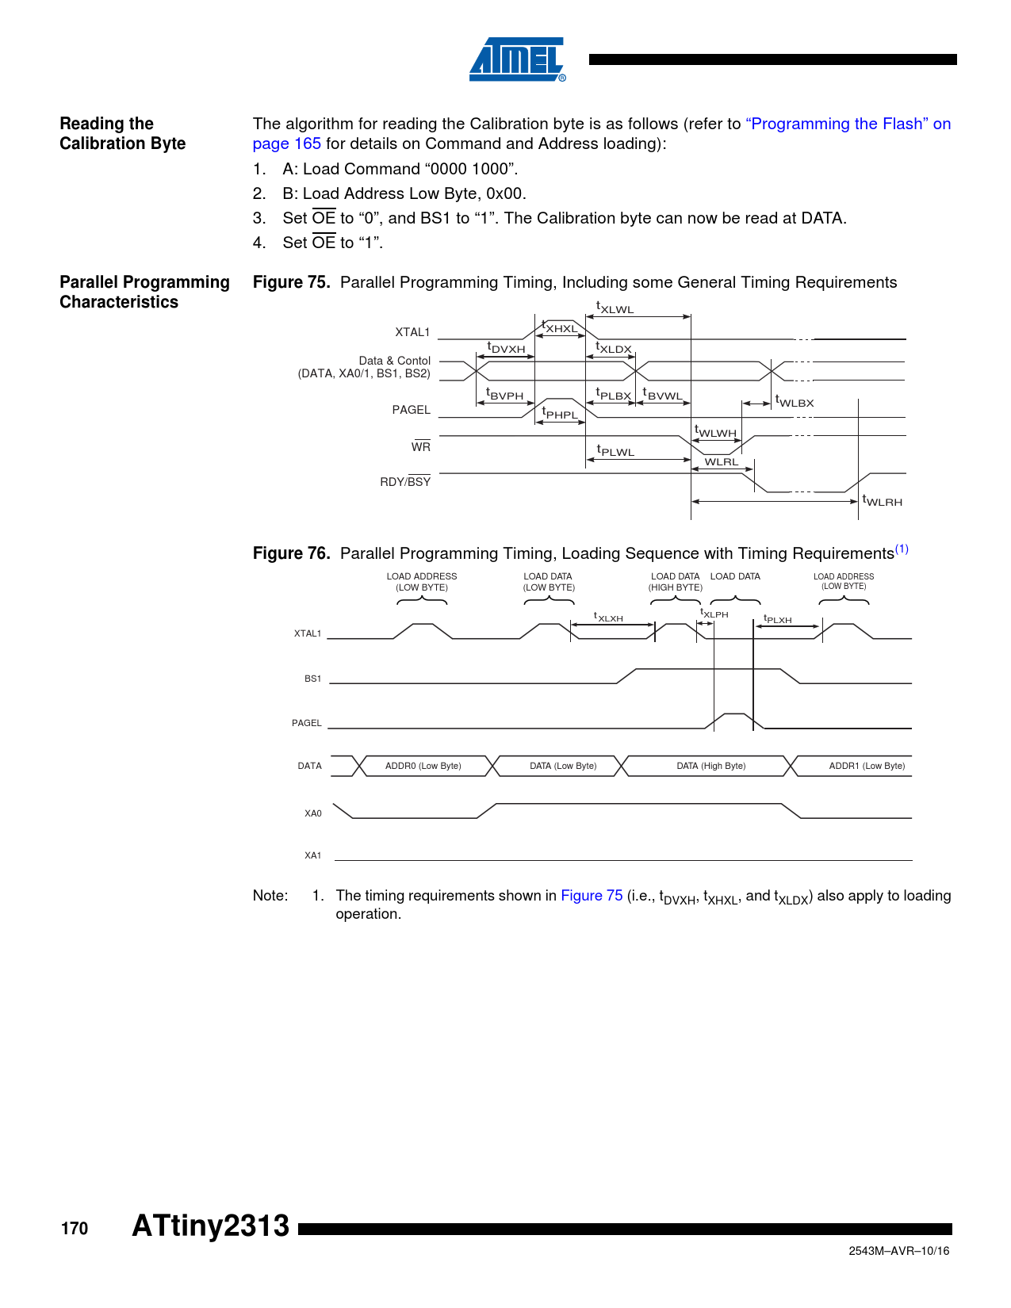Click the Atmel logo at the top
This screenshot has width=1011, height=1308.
pos(517,59)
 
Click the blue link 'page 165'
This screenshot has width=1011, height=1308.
pos(286,143)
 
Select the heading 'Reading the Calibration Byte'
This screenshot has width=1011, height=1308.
pos(122,133)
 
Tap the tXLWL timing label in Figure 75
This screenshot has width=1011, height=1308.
pos(615,308)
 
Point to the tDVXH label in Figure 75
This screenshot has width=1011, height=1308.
pos(506,348)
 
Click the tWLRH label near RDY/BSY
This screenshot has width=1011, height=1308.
pos(883,501)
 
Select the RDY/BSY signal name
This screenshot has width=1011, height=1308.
pos(405,481)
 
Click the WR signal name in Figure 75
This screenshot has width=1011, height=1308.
pos(420,447)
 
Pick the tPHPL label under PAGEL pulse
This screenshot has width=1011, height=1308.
pos(561,414)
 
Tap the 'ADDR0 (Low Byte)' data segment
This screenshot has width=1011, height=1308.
pos(423,766)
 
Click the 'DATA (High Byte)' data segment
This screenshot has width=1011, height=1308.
pos(710,766)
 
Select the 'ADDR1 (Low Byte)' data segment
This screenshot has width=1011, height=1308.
pos(867,766)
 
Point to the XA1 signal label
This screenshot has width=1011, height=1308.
pos(312,855)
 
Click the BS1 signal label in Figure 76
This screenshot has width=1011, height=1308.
pos(312,679)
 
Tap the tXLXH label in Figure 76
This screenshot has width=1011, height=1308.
pos(609,618)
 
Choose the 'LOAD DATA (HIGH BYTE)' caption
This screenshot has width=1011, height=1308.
pos(675,582)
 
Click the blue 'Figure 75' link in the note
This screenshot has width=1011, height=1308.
pos(592,895)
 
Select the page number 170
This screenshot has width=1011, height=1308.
pos(75,1228)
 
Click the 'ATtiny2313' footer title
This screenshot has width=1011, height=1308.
pos(211,1226)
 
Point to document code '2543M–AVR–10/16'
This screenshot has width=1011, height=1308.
pos(898,1251)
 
